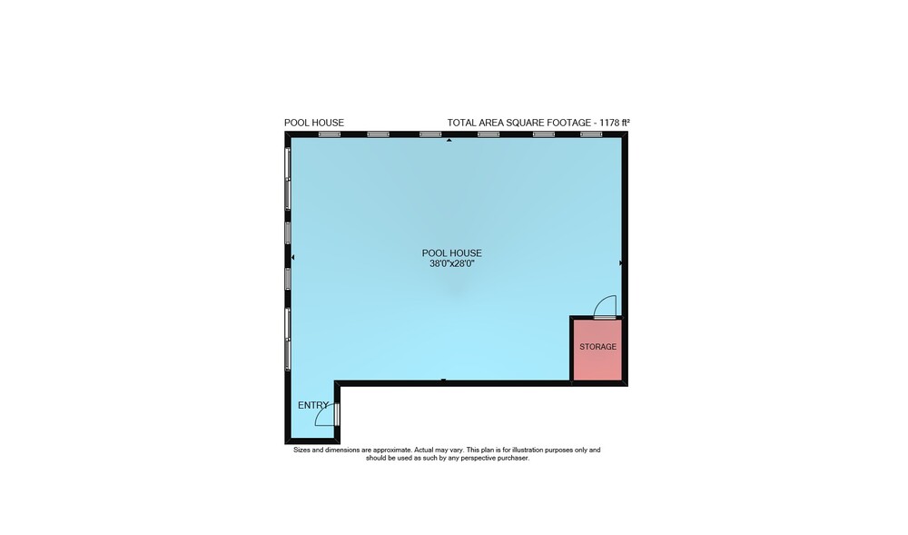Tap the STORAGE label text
(x=597, y=347)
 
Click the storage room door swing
(x=606, y=306)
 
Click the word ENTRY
(x=313, y=405)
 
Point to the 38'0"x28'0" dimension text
(x=451, y=263)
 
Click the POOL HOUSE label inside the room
(x=451, y=253)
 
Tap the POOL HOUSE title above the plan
(x=314, y=123)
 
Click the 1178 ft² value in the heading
(x=615, y=123)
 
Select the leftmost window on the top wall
(x=330, y=134)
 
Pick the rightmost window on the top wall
(x=591, y=134)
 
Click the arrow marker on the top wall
(x=449, y=140)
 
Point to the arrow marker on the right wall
(x=621, y=263)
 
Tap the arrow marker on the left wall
(x=292, y=257)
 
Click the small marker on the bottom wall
(x=444, y=381)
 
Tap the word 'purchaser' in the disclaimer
(x=512, y=458)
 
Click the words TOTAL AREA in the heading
(x=476, y=123)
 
